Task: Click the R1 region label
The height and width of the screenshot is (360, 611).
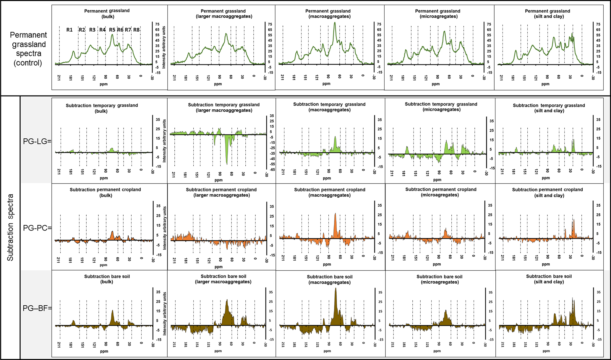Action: (69, 30)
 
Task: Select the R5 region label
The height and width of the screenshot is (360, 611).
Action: (112, 30)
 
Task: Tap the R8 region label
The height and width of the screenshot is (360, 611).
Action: (136, 30)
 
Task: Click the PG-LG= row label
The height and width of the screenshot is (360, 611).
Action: (37, 141)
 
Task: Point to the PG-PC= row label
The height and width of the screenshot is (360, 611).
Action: (37, 228)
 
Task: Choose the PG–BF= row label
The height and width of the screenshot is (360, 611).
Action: (37, 308)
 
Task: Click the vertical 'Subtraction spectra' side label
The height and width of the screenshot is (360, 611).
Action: (10, 227)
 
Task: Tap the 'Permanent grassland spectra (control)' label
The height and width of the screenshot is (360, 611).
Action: (28, 49)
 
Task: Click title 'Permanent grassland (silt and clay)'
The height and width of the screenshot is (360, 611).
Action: (547, 14)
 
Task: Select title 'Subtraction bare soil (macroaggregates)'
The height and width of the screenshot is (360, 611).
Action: (330, 279)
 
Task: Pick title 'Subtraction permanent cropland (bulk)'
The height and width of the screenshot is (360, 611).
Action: (105, 192)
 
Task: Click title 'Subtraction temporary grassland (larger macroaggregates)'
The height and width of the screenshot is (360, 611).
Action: (224, 107)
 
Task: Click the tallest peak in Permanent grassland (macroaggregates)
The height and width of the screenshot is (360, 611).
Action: (335, 23)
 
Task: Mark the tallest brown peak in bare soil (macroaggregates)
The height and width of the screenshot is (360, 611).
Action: (336, 289)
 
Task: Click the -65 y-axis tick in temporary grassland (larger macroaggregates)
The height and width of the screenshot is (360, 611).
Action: (272, 170)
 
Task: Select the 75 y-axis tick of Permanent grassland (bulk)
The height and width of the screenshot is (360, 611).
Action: (158, 24)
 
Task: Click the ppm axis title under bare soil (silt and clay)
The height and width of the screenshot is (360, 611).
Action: (546, 351)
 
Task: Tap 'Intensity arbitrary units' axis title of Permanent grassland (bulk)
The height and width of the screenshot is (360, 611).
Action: (164, 47)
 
